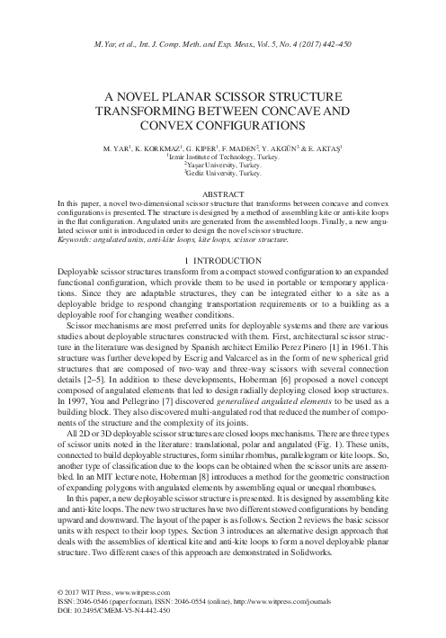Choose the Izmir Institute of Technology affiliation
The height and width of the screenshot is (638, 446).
pos(223,156)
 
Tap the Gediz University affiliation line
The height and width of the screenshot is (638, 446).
pos(223,173)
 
